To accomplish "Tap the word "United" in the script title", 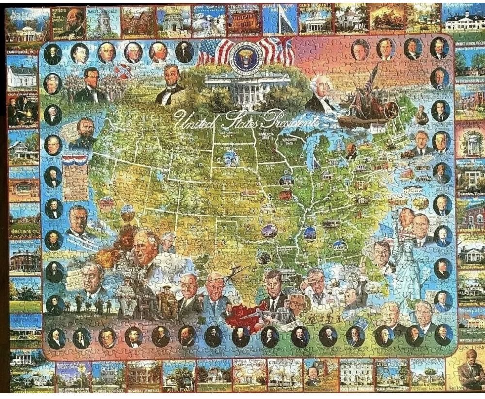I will coord(192,118).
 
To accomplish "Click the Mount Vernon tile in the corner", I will coord(463,21).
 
